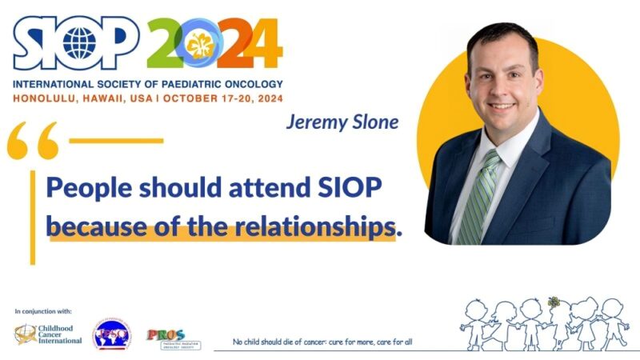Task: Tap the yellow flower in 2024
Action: click(201, 46)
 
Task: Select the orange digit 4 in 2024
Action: click(262, 43)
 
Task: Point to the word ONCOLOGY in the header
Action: click(240, 84)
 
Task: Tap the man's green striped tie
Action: click(477, 200)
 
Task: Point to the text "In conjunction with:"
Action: click(43, 310)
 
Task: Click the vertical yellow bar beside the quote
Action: click(33, 216)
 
